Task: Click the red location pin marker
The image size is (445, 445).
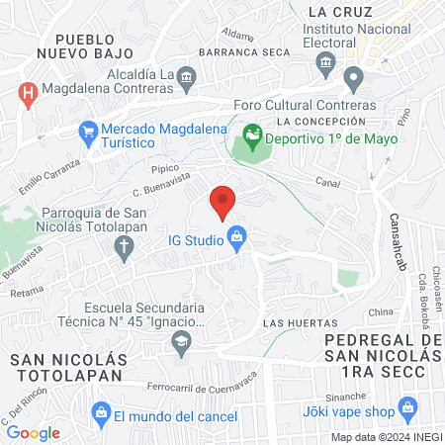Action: point(222,202)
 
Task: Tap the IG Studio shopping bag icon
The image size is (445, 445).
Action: point(236,236)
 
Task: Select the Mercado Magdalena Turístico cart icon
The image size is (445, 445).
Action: point(87,129)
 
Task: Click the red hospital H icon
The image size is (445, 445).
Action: point(29,94)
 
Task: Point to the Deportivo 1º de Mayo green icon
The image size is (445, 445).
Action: point(252,132)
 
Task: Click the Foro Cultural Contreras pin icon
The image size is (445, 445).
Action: point(353,78)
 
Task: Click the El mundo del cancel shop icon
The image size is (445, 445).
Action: point(99,412)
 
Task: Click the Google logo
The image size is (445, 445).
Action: point(33,432)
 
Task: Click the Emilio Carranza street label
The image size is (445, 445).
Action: point(48,174)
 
